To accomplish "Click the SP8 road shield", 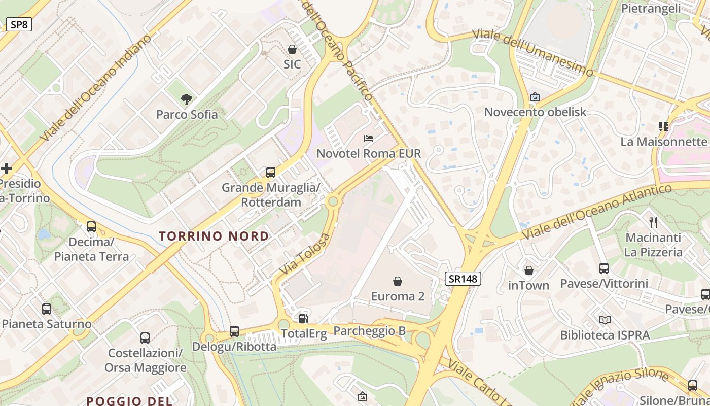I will tap(19, 24).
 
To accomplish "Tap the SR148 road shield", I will tap(463, 278).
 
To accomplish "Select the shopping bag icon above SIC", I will tap(292, 49).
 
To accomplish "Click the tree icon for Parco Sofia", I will tap(187, 99).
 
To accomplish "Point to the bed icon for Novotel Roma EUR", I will tap(369, 139).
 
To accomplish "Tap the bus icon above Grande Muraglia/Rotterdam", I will tap(271, 173).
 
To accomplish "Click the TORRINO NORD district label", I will tap(214, 236).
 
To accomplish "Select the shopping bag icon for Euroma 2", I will tap(398, 281).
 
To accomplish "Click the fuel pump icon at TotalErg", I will tap(304, 318).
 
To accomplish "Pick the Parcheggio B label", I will tap(369, 331).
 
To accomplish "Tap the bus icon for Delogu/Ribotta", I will tap(234, 331).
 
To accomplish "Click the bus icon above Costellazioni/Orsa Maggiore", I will tap(145, 337).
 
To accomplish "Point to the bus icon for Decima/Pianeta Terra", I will tap(91, 227).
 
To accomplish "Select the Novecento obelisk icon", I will tap(535, 97).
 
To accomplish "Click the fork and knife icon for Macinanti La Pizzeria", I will tap(653, 222).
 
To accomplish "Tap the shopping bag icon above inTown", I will tap(529, 270).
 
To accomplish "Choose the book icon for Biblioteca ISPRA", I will tap(605, 320).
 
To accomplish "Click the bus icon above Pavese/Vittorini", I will tap(603, 268).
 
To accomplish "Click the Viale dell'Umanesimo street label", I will tap(532, 53).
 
